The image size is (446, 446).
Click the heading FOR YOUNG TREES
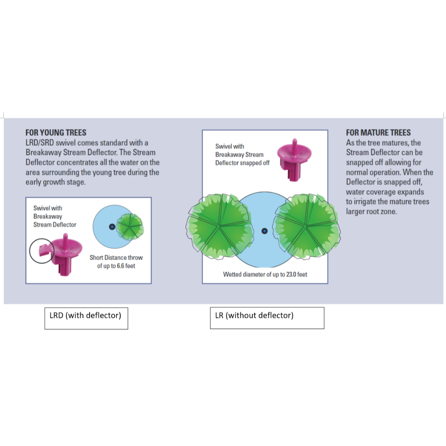[56, 132]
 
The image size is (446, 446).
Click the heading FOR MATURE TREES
[378, 132]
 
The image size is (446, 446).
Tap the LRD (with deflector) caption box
[86, 318]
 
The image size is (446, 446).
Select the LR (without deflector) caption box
[267, 318]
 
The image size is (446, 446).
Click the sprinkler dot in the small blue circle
[112, 226]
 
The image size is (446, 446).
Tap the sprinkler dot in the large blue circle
[264, 230]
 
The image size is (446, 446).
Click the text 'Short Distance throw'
[116, 257]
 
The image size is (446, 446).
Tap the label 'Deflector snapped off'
[242, 163]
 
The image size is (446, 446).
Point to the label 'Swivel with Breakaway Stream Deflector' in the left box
[54, 216]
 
